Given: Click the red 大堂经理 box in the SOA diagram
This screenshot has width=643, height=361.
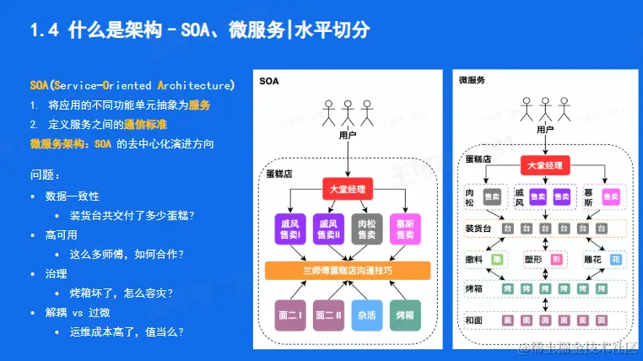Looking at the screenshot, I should coord(348,188).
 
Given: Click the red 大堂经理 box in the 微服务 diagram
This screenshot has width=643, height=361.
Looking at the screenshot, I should coord(544,166).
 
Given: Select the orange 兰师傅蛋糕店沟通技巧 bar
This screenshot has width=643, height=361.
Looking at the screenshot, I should coord(348,271).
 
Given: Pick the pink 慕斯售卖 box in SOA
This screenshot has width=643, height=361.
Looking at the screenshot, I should coord(407,229).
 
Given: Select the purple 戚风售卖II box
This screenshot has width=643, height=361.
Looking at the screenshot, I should coord(327,229).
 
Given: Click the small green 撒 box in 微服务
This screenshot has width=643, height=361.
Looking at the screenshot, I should coord(497,259).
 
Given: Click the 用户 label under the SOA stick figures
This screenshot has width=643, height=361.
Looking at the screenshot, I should coord(347,134).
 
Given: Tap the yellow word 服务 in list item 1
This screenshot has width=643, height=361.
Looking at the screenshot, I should coord(199,105).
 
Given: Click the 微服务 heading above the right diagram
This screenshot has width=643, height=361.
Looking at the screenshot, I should coord(471,80).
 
